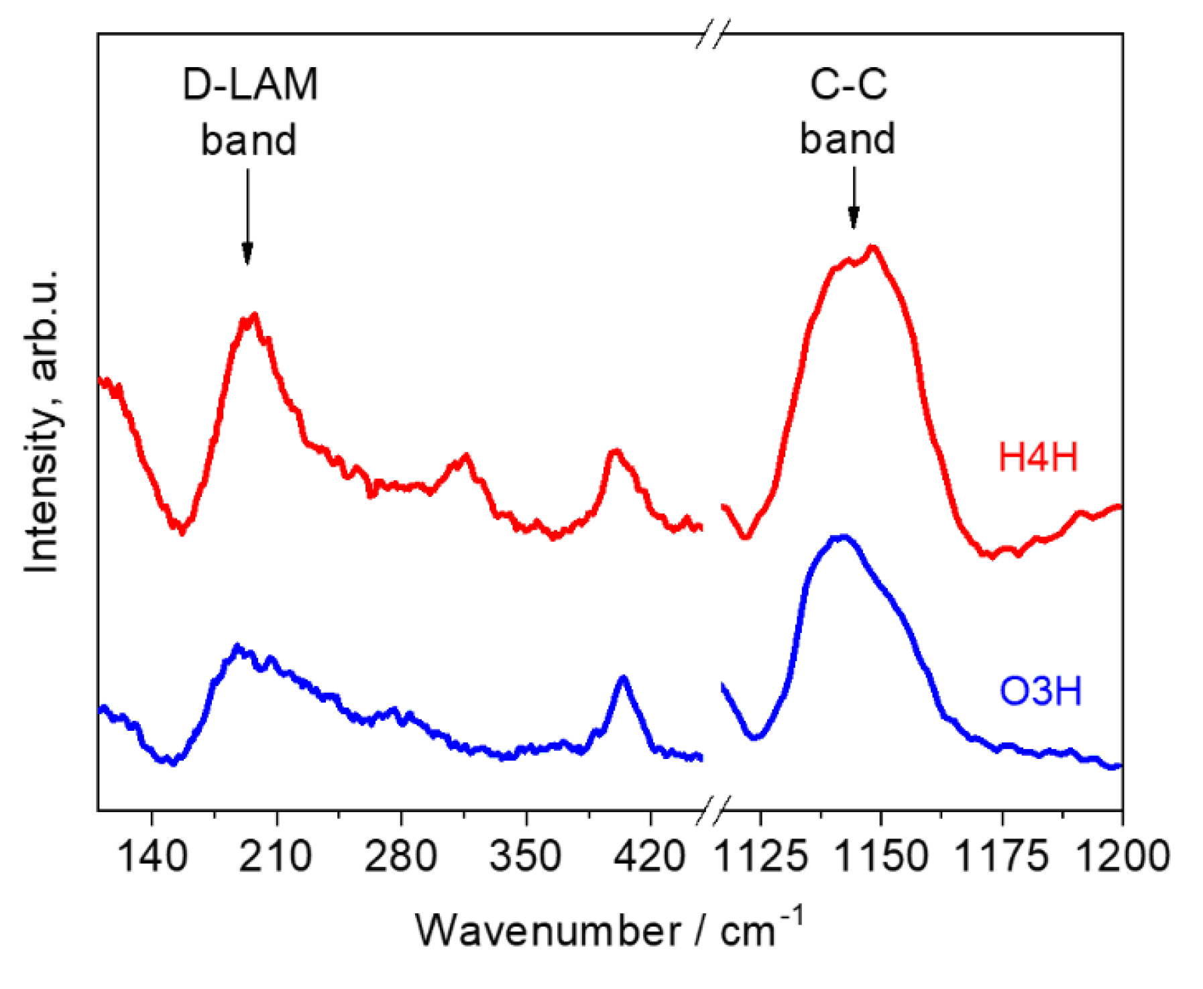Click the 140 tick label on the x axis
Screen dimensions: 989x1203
click(152, 856)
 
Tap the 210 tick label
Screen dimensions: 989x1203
click(276, 856)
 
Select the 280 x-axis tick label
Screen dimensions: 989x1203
click(401, 856)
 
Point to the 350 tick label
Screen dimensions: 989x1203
click(526, 856)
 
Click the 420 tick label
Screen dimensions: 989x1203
click(650, 856)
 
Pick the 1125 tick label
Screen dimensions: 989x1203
click(760, 856)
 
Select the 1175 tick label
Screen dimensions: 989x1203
click(1002, 856)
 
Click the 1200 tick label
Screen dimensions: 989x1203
click(1123, 856)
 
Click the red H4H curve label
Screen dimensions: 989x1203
click(1038, 457)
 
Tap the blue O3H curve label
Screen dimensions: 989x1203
click(1040, 691)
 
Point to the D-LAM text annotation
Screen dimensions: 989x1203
click(249, 86)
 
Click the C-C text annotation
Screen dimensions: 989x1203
click(848, 86)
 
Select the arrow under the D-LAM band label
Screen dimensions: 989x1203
click(247, 218)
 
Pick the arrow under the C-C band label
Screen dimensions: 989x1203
click(854, 198)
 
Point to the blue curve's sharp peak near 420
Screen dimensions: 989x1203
click(623, 679)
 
